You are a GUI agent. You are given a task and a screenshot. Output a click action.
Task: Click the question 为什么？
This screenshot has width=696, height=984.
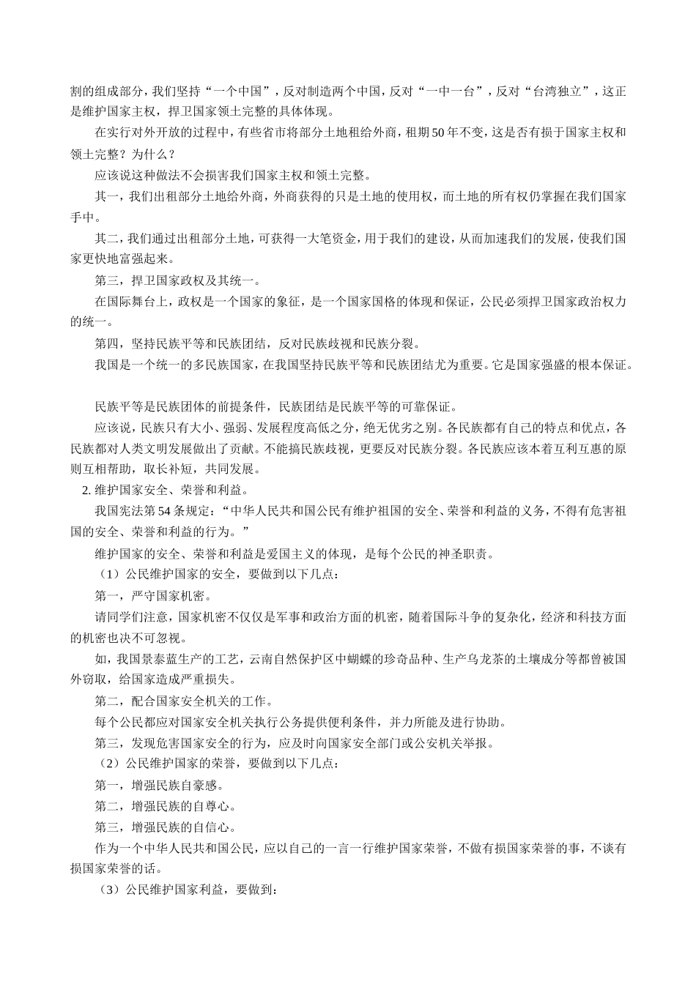pos(153,154)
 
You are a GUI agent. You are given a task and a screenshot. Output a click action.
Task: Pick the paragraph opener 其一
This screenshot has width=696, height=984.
pos(106,197)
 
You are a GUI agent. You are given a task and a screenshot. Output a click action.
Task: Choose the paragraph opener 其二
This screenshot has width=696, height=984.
pos(106,239)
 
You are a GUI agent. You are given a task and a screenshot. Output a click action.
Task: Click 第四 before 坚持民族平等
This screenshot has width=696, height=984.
pos(106,344)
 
